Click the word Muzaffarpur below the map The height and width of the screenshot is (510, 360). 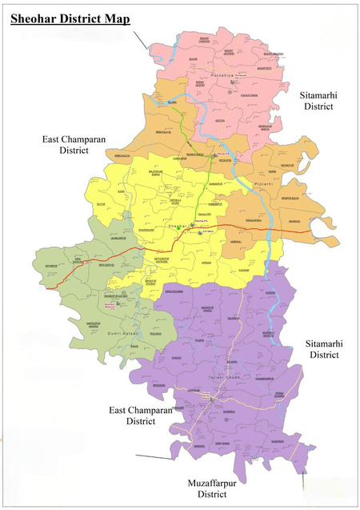pos(213,484)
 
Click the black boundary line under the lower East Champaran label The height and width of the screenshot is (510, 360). pos(154,457)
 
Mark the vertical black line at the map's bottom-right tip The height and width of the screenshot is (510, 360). pos(304,480)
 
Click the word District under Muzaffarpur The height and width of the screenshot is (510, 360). pos(213,495)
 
